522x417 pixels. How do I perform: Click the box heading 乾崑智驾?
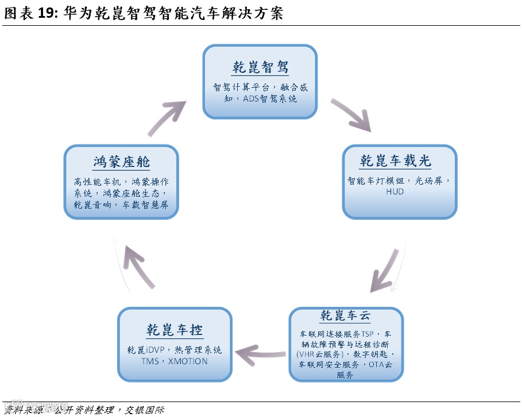click(x=260, y=67)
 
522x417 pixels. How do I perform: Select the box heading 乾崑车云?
click(x=346, y=316)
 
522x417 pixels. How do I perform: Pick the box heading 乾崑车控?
click(x=174, y=330)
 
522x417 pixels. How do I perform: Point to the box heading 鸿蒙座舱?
click(x=121, y=162)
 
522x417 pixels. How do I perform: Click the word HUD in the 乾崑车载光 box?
click(x=395, y=192)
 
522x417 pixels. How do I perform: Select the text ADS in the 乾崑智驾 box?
click(x=252, y=99)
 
